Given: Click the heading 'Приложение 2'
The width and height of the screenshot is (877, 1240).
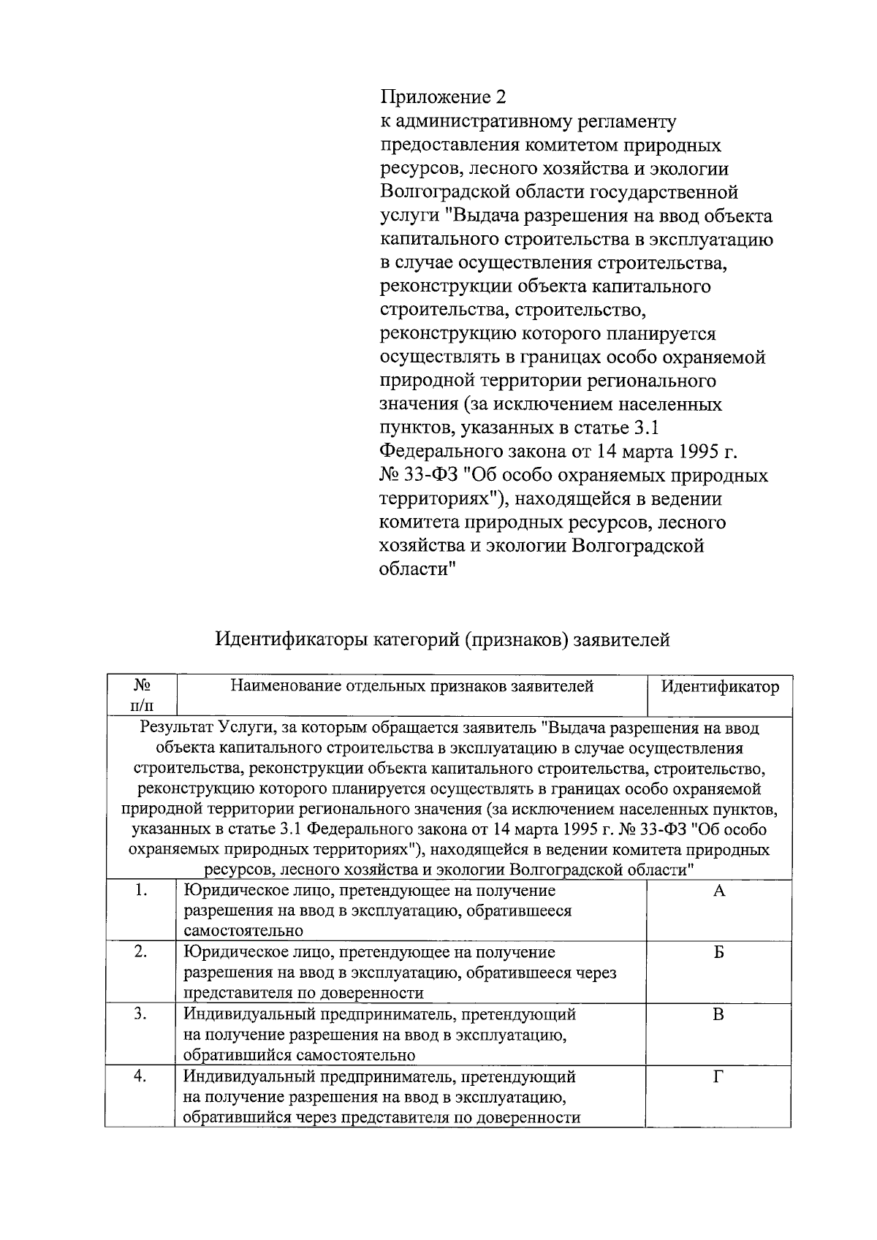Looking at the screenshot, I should tap(442, 97).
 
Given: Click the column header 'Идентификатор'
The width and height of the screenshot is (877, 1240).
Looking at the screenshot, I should tap(719, 687).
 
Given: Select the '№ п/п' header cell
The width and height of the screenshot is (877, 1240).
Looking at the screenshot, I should tap(142, 696).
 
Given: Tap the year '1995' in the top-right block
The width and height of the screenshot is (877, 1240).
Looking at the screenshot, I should tap(695, 452).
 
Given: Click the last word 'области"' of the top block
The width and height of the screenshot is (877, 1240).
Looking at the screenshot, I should tap(417, 569).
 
